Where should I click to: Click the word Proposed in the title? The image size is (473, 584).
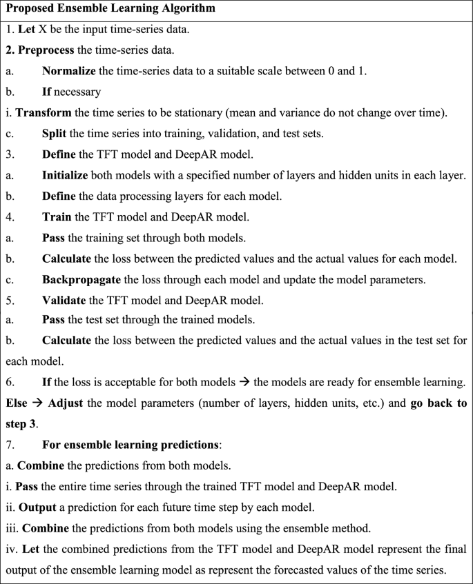[x=32, y=10]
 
